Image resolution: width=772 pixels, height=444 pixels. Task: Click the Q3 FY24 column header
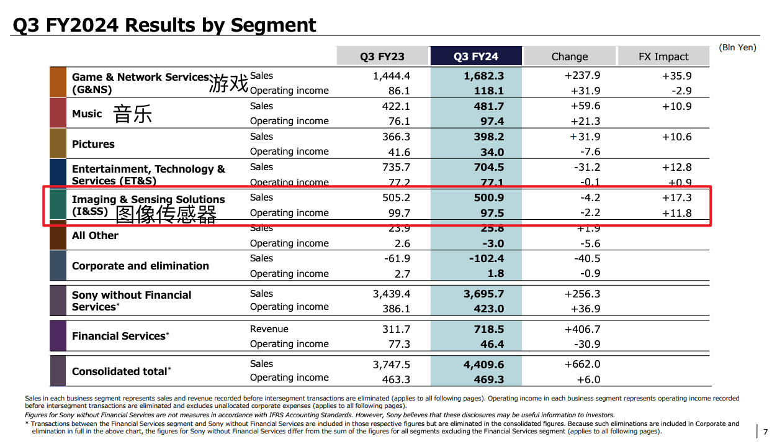point(476,57)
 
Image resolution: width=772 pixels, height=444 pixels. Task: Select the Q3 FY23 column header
point(382,57)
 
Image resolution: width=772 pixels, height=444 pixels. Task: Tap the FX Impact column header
point(663,57)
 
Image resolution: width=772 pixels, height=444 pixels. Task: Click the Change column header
point(570,57)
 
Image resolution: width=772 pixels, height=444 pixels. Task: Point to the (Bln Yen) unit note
point(737,47)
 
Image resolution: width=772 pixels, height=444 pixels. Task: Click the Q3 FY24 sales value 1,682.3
point(483,76)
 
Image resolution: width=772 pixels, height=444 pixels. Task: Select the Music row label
point(87,114)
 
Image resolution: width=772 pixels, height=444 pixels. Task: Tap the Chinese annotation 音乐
point(132,114)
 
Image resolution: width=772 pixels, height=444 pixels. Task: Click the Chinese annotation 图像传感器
point(166,214)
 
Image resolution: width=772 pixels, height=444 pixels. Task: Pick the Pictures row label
point(93,144)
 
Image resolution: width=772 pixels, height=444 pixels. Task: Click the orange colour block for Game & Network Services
point(58,82)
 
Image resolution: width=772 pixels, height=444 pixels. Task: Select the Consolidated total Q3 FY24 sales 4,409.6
point(483,365)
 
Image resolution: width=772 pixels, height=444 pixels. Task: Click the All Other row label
point(95,235)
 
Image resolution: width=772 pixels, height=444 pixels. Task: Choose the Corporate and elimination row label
point(140,266)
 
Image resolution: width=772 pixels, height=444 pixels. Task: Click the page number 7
point(765,432)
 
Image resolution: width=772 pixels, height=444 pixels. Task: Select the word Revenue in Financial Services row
point(269,329)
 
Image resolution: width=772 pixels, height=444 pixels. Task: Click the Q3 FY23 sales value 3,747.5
point(392,365)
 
